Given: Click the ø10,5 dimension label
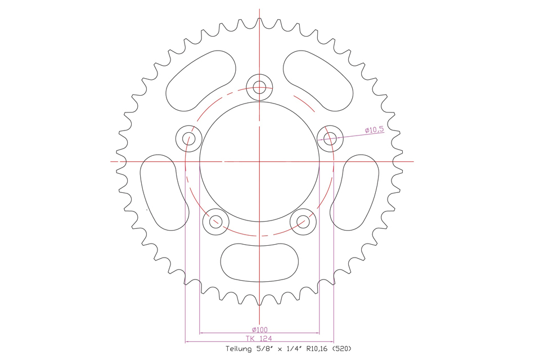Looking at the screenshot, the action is click(375, 130).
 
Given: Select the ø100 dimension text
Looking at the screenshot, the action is click(260, 329).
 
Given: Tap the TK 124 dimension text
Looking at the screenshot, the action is click(259, 338).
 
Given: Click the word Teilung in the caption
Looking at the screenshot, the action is click(238, 349).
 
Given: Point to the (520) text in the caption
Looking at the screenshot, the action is click(342, 348).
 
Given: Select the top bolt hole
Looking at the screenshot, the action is click(259, 87).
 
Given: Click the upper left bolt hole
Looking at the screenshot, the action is click(189, 138).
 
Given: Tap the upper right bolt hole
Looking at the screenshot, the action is click(330, 138).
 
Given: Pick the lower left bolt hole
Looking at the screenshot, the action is click(215, 222).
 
